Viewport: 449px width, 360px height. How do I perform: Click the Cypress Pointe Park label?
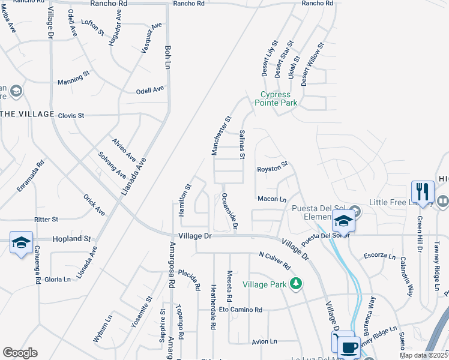click(276, 99)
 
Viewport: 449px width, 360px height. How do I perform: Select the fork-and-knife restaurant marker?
click(423, 192)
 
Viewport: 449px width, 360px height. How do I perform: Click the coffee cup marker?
click(348, 347)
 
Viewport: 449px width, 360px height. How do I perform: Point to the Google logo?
click(20, 353)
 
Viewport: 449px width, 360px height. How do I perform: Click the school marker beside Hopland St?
click(21, 242)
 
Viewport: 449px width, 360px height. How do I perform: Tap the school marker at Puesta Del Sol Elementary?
click(344, 221)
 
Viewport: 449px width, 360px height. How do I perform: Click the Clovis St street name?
click(71, 115)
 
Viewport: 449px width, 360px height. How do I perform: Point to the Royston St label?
click(273, 169)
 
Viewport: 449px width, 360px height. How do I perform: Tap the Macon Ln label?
click(271, 199)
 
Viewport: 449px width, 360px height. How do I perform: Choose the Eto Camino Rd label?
click(240, 310)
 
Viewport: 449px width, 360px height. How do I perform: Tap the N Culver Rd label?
click(275, 261)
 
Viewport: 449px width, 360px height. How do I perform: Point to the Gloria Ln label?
click(58, 280)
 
